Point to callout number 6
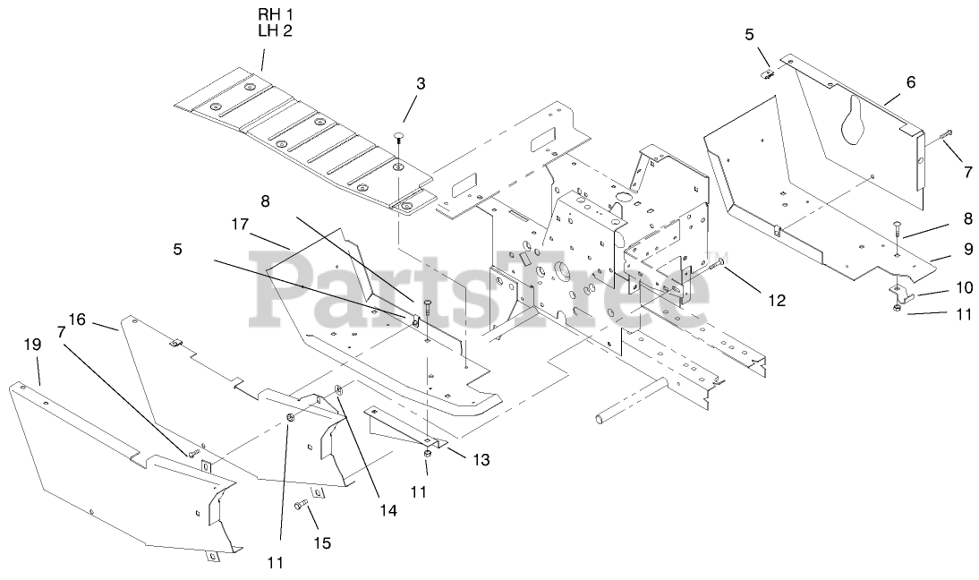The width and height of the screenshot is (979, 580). tap(910, 81)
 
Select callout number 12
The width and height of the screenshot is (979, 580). tap(776, 301)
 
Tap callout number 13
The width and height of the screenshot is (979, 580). tap(481, 459)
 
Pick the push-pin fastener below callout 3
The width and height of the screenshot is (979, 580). tap(397, 137)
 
